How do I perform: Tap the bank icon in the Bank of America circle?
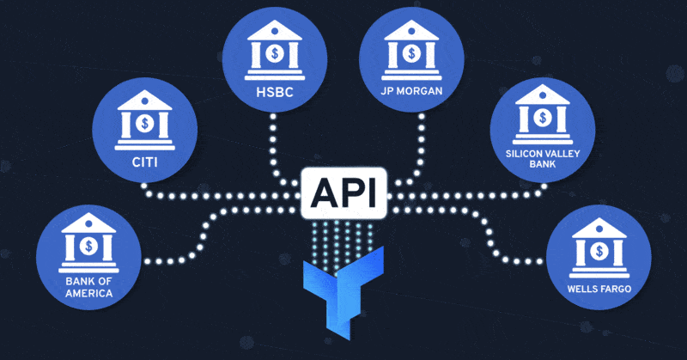tap(89, 246)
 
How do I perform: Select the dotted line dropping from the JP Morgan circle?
tap(422, 146)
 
